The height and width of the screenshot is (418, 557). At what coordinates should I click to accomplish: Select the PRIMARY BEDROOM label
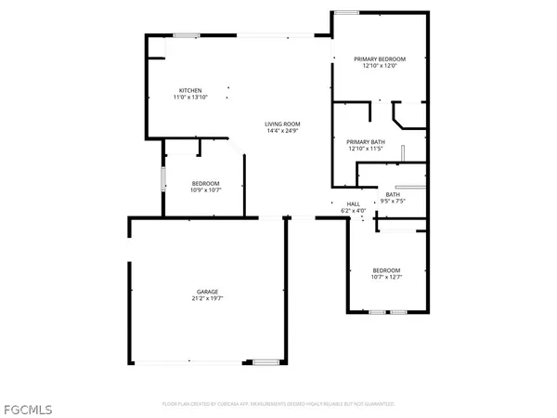(x=381, y=59)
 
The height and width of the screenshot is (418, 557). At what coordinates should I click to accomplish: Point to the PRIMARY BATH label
(x=365, y=142)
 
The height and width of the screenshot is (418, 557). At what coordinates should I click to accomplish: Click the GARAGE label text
(x=207, y=291)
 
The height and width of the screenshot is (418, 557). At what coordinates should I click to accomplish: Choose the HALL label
(x=353, y=204)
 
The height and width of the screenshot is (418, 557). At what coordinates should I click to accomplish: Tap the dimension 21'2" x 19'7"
(x=207, y=297)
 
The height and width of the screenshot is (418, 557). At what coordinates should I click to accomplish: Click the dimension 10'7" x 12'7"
(x=388, y=276)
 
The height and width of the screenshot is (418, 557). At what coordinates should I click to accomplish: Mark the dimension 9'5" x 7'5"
(x=392, y=201)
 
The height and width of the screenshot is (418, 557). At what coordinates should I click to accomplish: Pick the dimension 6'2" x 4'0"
(x=353, y=211)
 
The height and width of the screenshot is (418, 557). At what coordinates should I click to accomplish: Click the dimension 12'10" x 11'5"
(x=365, y=149)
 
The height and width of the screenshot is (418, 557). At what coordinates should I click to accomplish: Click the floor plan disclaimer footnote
(x=278, y=404)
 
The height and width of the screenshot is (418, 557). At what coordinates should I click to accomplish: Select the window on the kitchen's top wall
(x=185, y=35)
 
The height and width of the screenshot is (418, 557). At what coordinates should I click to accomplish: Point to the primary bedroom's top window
(x=347, y=12)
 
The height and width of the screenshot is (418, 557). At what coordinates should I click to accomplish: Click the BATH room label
(x=392, y=194)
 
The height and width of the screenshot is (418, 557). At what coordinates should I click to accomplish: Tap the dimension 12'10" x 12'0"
(x=381, y=65)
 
